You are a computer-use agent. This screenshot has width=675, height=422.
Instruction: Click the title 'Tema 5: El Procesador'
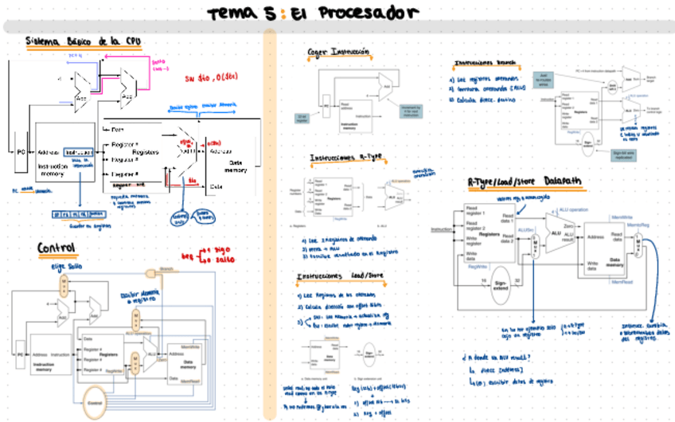tap(312, 14)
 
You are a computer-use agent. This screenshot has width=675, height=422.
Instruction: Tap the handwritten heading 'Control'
tap(57, 248)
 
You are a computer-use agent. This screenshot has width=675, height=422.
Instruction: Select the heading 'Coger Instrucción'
tap(339, 52)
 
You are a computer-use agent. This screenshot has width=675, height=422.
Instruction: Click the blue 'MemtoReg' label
tap(640, 225)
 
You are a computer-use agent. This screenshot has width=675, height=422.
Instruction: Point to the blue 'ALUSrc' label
tap(525, 230)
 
